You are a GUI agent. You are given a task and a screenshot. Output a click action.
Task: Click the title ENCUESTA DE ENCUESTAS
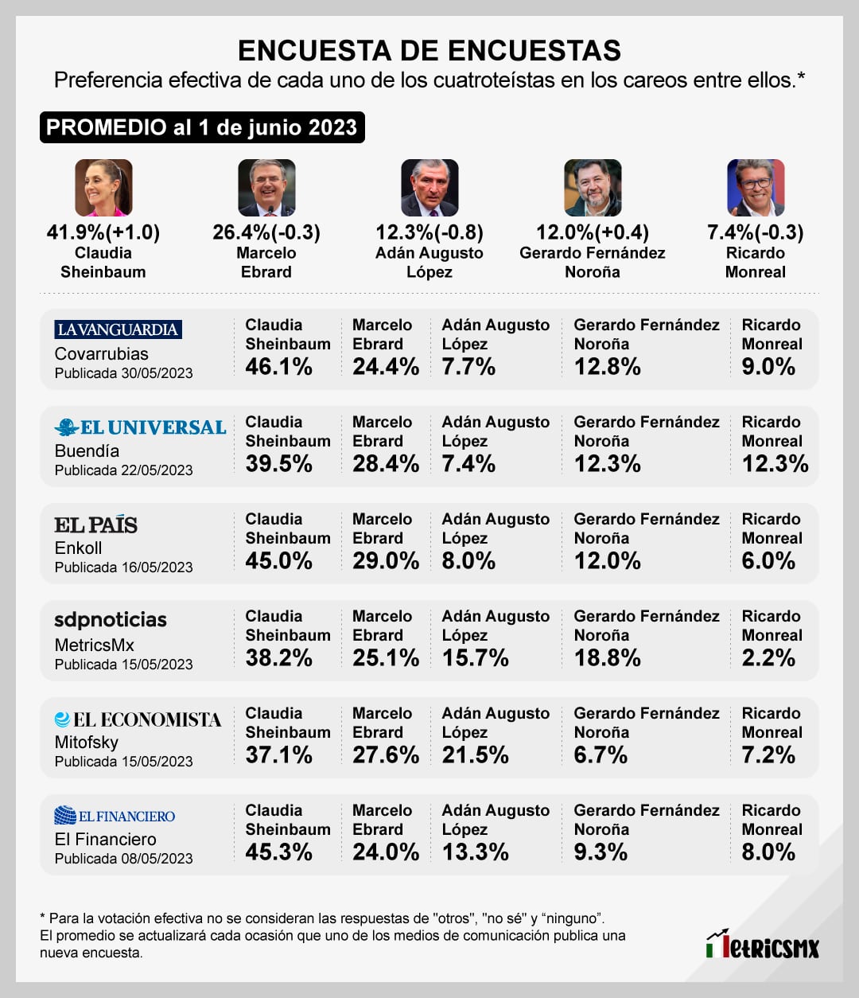(x=429, y=50)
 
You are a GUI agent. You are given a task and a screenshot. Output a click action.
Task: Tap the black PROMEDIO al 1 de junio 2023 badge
(x=202, y=127)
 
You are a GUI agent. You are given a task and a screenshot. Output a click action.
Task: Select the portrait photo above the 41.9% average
(x=103, y=188)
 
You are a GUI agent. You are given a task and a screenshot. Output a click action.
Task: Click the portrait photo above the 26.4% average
(x=266, y=188)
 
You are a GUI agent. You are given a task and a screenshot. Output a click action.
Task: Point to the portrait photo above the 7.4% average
(x=756, y=188)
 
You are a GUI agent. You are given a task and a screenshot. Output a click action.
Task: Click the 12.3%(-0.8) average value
(x=429, y=232)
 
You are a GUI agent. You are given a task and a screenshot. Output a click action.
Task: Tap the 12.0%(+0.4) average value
(x=593, y=232)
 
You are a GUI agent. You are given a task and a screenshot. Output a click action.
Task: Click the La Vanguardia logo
(x=118, y=329)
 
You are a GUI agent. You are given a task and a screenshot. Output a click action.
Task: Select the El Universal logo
(x=141, y=427)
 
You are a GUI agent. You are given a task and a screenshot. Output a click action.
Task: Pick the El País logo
(x=95, y=525)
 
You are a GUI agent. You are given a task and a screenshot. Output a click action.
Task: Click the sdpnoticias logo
(x=111, y=620)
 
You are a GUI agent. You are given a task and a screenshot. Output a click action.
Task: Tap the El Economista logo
(x=138, y=719)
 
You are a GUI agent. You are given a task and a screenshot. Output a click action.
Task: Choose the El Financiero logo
(x=115, y=816)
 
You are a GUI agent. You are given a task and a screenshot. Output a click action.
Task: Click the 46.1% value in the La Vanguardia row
(x=278, y=367)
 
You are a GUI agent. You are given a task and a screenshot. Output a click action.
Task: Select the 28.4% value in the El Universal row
(x=386, y=464)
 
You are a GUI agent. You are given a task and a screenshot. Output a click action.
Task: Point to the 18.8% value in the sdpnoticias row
(x=607, y=658)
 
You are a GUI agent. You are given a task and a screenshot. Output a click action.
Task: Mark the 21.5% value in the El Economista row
(x=475, y=755)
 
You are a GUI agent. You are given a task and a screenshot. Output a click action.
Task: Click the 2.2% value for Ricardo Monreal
(x=768, y=658)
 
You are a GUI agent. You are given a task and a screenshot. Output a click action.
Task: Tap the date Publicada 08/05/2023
(x=123, y=859)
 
